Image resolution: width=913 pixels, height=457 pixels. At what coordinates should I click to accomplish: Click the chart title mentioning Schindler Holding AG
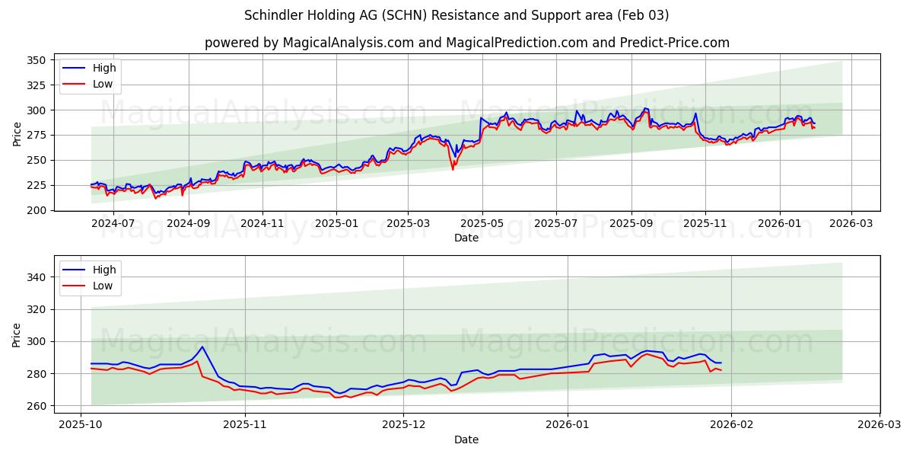[x=456, y=15]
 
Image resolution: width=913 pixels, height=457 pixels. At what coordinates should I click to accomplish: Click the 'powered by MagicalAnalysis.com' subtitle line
[x=466, y=43]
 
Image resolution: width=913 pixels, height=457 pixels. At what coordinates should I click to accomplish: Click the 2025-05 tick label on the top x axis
[x=482, y=224]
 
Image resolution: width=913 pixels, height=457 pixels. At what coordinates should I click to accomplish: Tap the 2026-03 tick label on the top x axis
[x=851, y=224]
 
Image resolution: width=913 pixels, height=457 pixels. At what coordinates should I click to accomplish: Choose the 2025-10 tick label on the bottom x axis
[x=81, y=425]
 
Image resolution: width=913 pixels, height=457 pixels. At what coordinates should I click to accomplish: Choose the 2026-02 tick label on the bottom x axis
[x=731, y=425]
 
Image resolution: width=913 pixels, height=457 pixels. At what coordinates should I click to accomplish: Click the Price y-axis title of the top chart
[x=17, y=134]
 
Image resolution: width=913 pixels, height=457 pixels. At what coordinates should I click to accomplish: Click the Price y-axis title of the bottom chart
[x=17, y=334]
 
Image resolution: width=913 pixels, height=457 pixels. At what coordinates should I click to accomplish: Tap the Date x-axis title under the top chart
[x=466, y=238]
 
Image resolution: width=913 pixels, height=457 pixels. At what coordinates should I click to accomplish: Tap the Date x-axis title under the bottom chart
[x=466, y=439]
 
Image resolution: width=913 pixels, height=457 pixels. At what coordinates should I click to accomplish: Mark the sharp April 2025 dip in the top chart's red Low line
[x=453, y=168]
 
